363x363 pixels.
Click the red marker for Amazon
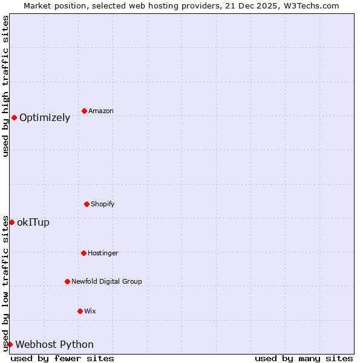click(84, 111)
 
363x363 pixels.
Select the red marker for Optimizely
click(14, 117)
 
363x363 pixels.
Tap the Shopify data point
click(87, 204)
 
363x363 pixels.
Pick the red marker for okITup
click(11, 222)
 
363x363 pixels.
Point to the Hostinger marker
click(83, 253)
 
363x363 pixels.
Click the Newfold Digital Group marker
click(67, 281)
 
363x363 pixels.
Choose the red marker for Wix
click(80, 311)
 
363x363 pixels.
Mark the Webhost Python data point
click(10, 344)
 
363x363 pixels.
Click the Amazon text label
click(101, 111)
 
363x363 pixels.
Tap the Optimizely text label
click(45, 118)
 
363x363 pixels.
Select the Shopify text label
click(103, 204)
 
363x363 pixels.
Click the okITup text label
click(33, 223)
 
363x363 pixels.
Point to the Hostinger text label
click(103, 253)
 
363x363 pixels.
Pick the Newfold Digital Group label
click(106, 282)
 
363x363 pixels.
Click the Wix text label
click(90, 312)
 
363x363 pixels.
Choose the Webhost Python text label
click(54, 345)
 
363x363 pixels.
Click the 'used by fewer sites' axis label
click(62, 359)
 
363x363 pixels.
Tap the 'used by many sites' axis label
click(304, 359)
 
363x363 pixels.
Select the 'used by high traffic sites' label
click(5, 86)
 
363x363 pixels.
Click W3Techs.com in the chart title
click(308, 5)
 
